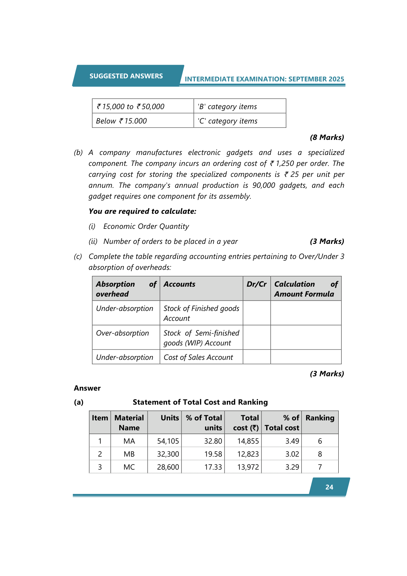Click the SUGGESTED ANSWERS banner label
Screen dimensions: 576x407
[x=126, y=76]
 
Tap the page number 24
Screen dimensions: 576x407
[x=329, y=487]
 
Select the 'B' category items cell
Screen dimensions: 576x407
[x=227, y=107]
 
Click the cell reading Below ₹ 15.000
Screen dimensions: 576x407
[x=121, y=121]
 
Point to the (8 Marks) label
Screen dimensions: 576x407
[x=327, y=138]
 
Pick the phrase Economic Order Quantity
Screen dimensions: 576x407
[x=146, y=226]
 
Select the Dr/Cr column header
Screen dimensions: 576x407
[x=256, y=284]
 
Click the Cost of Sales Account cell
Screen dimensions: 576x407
[x=198, y=357]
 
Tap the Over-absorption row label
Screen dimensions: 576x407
[x=122, y=333]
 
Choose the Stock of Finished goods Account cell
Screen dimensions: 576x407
[x=201, y=313]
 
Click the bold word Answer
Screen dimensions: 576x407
[x=87, y=388]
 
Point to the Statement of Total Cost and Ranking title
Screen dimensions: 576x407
[x=200, y=402]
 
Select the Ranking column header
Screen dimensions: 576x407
[x=320, y=418]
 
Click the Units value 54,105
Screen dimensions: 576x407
[x=168, y=441]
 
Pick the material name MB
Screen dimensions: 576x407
[x=129, y=454]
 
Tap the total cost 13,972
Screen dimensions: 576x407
[x=248, y=467]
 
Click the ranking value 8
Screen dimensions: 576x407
[x=320, y=454]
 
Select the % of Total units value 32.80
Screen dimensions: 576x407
[x=213, y=441]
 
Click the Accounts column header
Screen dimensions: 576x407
[x=179, y=284]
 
